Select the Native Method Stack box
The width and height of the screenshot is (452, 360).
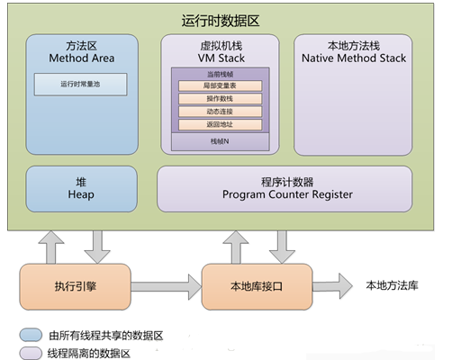pyautogui.click(x=354, y=94)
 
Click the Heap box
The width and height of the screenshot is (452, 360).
pyautogui.click(x=82, y=187)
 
